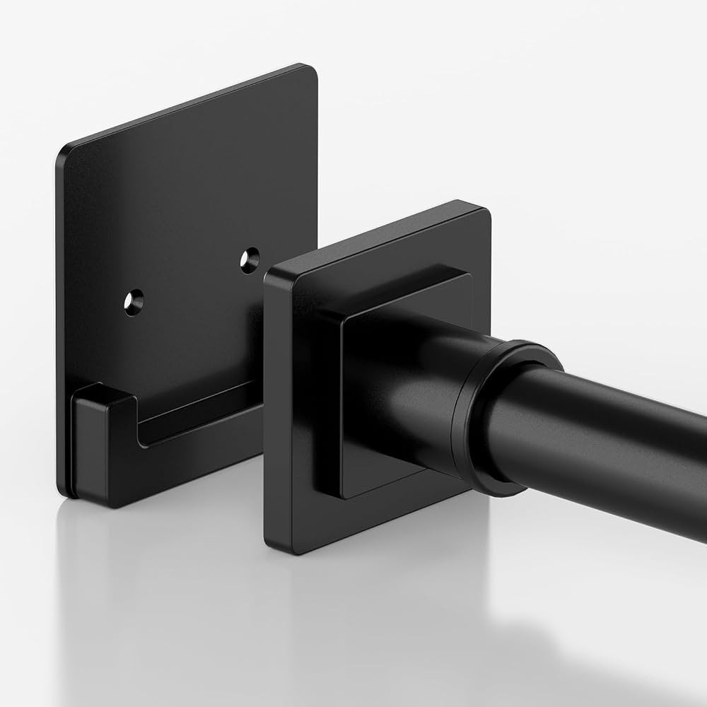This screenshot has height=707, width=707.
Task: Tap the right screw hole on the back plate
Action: [x=249, y=260]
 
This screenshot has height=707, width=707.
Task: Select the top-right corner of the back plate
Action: [x=310, y=71]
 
